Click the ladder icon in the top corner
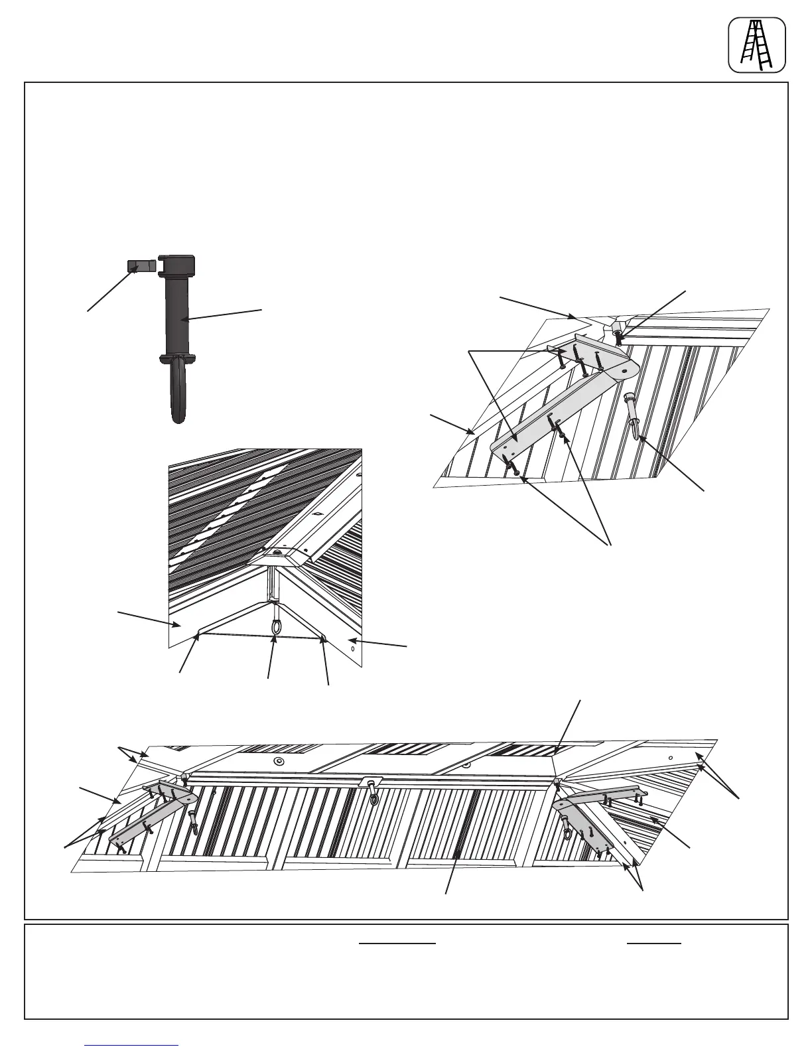tap(757, 44)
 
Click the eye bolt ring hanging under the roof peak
tap(275, 625)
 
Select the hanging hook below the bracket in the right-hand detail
tap(633, 418)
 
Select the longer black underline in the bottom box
tap(397, 942)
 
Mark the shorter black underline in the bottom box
tap(654, 942)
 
